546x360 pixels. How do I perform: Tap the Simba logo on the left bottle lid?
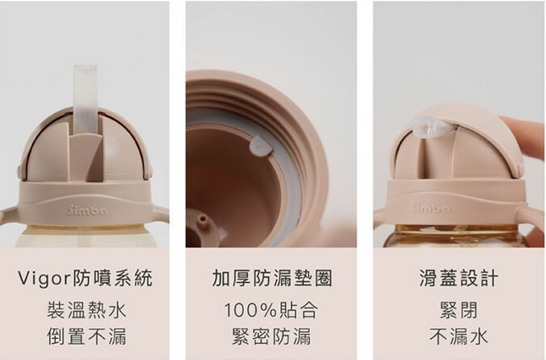(x=84, y=207)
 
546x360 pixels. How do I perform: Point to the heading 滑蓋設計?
(x=458, y=279)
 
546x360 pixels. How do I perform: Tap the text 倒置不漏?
(x=86, y=336)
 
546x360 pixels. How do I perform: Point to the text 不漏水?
(x=458, y=336)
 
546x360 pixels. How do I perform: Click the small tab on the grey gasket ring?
(x=262, y=147)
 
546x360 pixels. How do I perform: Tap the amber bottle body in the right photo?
(x=457, y=236)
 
